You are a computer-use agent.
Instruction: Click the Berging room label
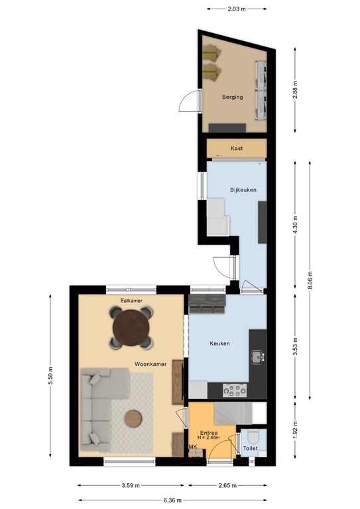(233, 97)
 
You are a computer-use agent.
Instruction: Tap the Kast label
(237, 148)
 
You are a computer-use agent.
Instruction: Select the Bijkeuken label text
(243, 190)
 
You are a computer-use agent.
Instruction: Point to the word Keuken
(219, 343)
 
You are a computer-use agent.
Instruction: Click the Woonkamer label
(150, 365)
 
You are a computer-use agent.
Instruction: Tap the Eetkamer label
(131, 301)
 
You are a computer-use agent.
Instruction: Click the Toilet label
(251, 448)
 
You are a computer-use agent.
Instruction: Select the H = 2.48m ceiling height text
(208, 437)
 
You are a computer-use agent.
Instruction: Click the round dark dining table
(131, 327)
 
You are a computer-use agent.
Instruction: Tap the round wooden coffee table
(133, 419)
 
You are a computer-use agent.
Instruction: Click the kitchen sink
(258, 357)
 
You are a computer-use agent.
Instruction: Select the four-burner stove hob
(235, 390)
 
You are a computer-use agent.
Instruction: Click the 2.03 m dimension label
(236, 9)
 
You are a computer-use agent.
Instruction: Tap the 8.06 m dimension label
(310, 280)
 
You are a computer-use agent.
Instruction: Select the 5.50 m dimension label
(50, 376)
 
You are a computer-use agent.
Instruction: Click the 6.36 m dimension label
(172, 500)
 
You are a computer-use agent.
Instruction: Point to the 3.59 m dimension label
(131, 486)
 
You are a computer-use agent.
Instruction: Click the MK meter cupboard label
(193, 447)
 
